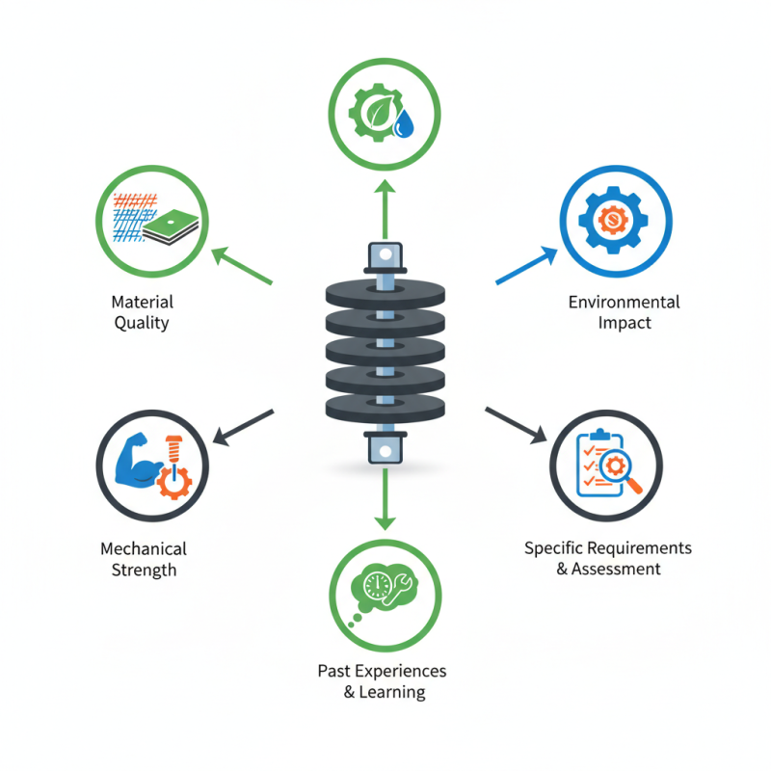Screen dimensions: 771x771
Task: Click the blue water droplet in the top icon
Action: (x=404, y=124)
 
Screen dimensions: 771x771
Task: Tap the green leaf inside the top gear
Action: (x=380, y=112)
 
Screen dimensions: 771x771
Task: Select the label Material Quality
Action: (x=142, y=312)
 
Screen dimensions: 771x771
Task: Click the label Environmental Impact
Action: (x=624, y=312)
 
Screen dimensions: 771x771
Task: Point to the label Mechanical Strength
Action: (x=144, y=559)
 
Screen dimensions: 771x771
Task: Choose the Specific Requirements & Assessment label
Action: (x=608, y=558)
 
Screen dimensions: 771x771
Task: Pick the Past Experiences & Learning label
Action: (x=382, y=681)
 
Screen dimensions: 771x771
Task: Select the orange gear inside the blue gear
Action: (x=613, y=220)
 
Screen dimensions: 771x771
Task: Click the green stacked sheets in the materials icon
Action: (x=171, y=226)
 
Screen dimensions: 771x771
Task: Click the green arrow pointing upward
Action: (x=385, y=209)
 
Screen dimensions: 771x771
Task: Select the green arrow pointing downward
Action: (x=385, y=499)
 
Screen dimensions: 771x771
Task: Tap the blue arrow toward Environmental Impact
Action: (x=526, y=265)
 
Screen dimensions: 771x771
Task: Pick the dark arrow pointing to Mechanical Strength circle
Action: (x=243, y=427)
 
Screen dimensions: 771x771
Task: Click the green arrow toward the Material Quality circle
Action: (x=242, y=266)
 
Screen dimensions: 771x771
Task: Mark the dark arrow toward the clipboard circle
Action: (x=517, y=425)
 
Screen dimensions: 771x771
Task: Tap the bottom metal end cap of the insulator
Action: (x=385, y=447)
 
